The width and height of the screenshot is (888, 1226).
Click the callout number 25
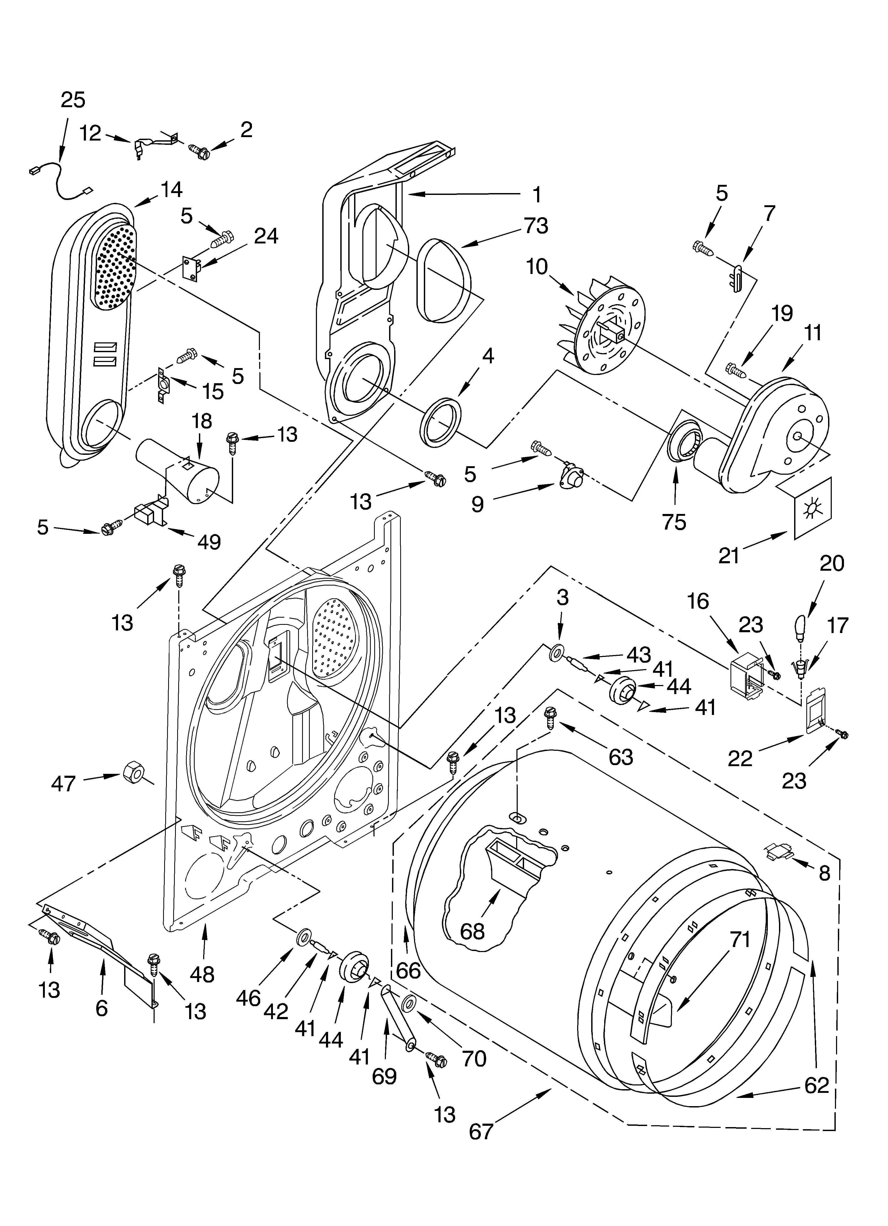[73, 100]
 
